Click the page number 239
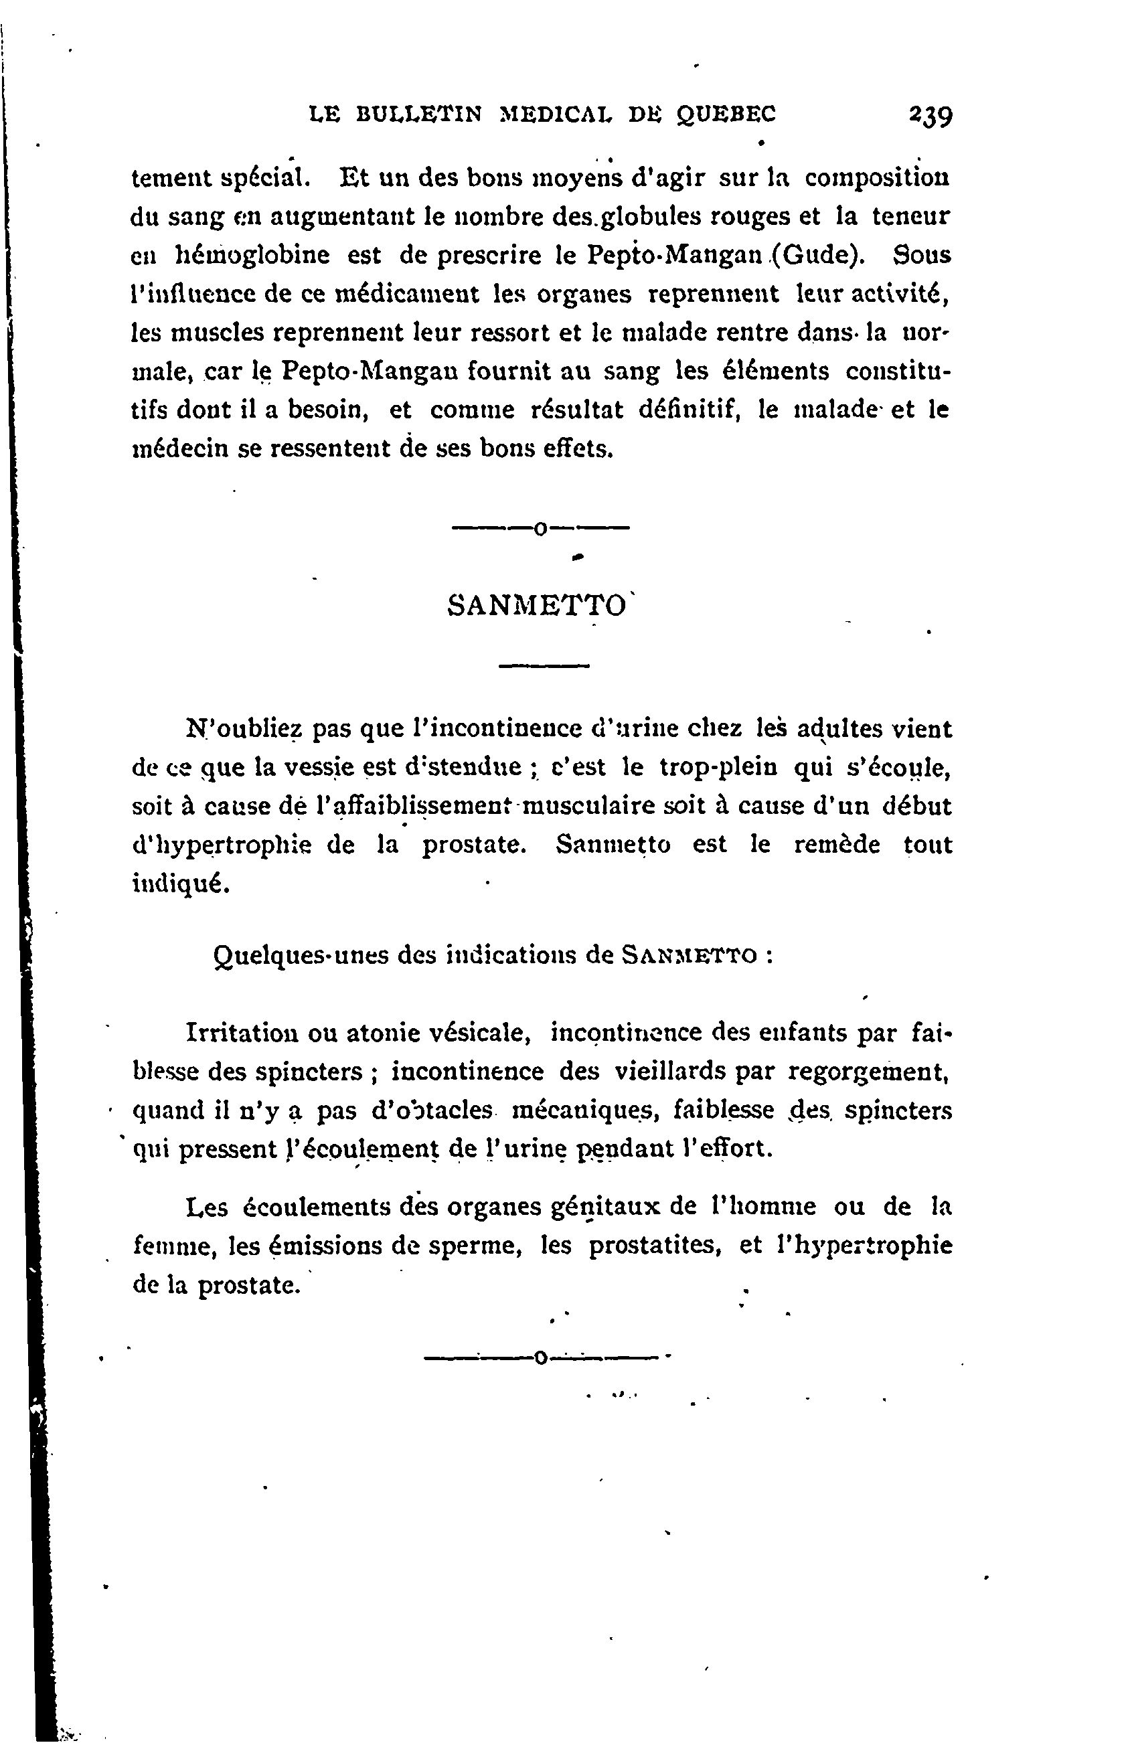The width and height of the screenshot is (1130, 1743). click(x=929, y=116)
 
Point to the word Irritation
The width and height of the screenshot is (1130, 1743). click(x=240, y=1033)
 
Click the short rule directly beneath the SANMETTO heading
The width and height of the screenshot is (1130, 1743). click(x=544, y=666)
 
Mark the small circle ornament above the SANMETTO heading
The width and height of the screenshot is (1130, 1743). click(x=540, y=528)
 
